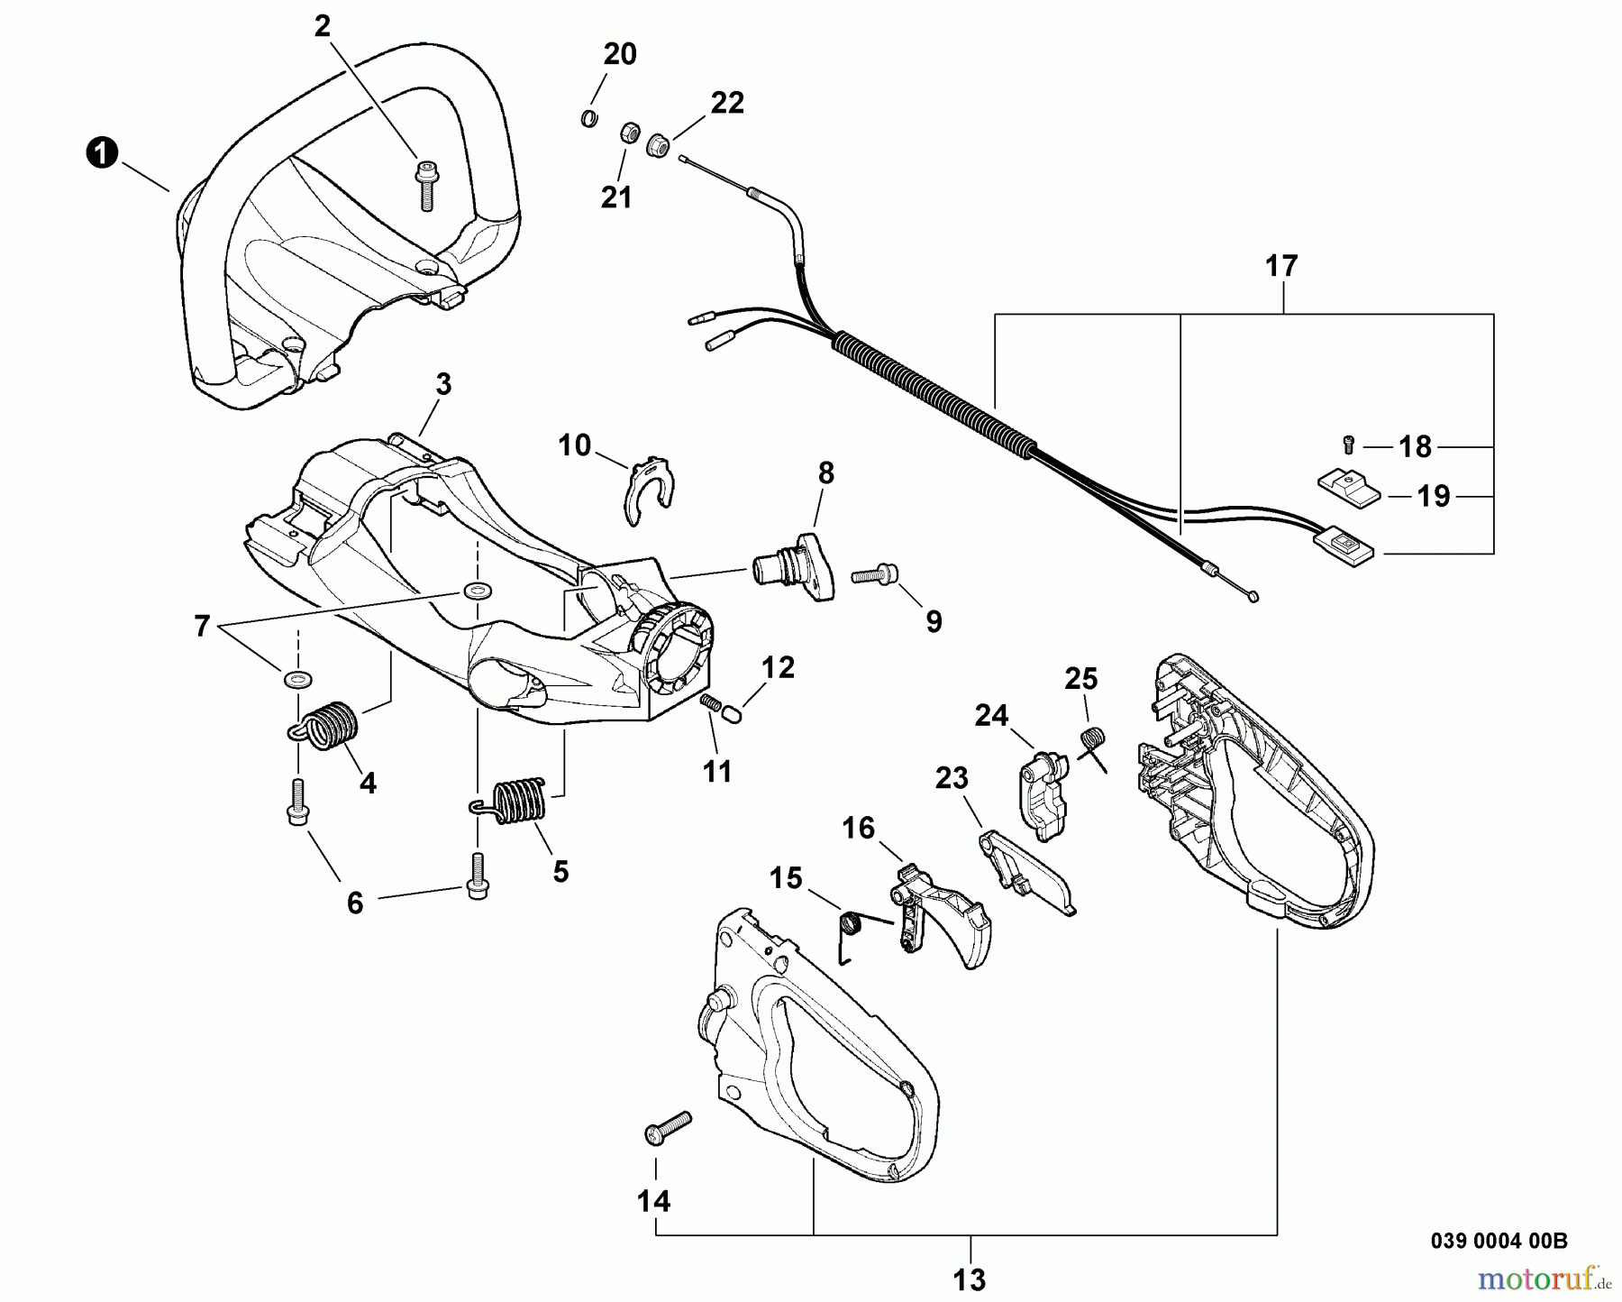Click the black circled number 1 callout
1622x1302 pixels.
102,152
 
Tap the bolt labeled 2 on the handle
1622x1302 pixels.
424,185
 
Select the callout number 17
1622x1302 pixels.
1280,267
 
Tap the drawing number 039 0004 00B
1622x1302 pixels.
1499,1240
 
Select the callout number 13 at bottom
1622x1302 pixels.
970,1279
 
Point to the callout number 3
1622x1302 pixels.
443,384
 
